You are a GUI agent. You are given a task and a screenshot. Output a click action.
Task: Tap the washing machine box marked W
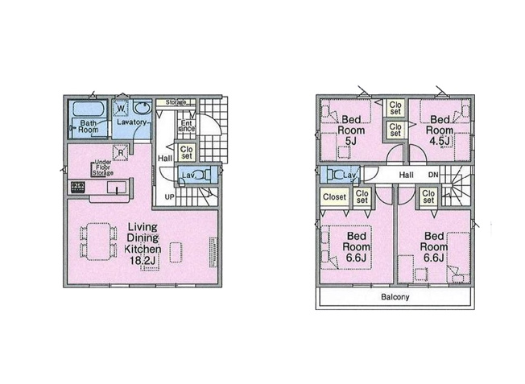[121, 108]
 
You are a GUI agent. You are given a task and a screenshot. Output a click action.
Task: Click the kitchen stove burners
[78, 188]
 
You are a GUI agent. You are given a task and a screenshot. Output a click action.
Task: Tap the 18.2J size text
[143, 261]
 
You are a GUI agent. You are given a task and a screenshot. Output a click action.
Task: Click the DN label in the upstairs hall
[433, 175]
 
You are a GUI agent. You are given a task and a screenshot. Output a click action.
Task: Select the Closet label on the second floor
[334, 196]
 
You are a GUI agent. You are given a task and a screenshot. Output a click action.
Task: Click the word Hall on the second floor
[406, 175]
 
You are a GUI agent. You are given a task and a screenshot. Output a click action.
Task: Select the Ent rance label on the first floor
[186, 125]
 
